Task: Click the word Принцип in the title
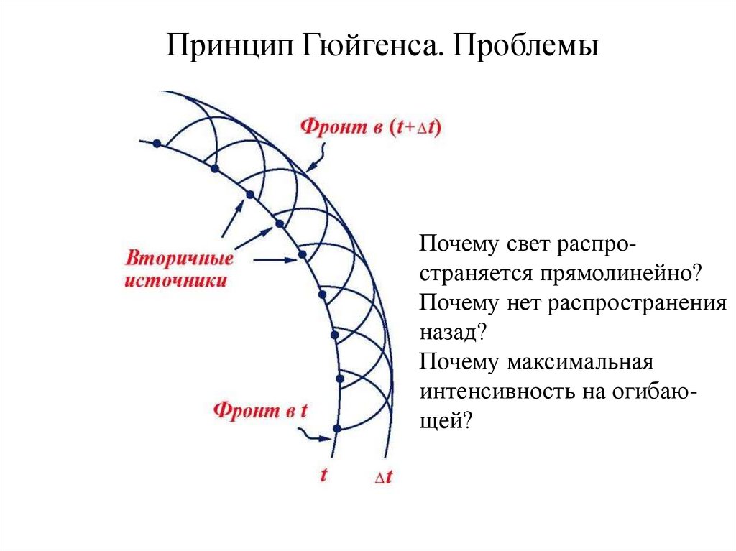point(218,47)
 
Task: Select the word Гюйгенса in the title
point(356,47)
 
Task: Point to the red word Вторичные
point(179,259)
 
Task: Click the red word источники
point(176,281)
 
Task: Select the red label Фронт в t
point(260,411)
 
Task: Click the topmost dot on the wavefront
point(156,144)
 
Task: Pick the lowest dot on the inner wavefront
point(336,429)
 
